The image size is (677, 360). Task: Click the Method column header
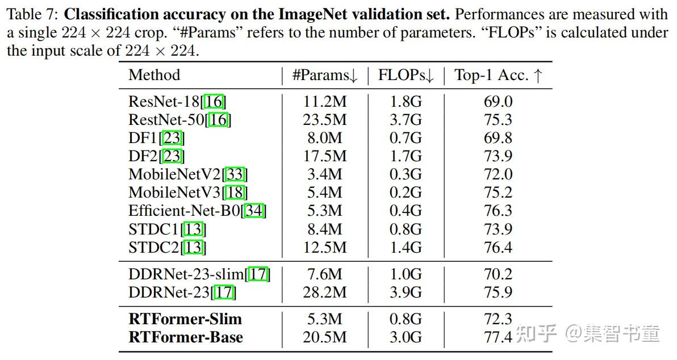tap(154, 75)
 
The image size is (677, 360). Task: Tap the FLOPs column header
tap(406, 76)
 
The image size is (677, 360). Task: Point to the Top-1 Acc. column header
tap(499, 76)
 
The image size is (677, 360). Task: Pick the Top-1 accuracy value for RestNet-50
tap(498, 120)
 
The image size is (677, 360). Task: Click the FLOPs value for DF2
tap(406, 156)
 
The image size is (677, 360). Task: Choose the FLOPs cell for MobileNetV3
tap(406, 192)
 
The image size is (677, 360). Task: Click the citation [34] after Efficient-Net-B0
tap(254, 211)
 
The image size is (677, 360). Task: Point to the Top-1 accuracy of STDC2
tap(498, 247)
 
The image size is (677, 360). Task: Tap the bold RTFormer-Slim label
tap(185, 319)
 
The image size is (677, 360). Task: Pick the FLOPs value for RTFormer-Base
tap(406, 337)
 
